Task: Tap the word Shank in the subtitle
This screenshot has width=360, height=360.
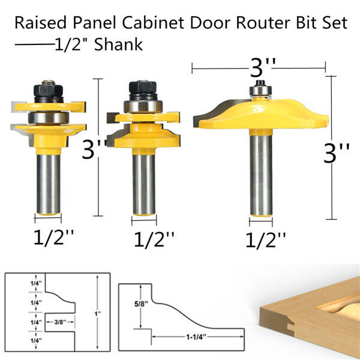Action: click(x=118, y=44)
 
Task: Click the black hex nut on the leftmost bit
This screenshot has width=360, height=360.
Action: click(x=48, y=91)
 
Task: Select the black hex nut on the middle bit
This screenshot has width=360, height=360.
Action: click(x=143, y=87)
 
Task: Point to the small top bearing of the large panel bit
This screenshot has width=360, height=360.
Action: click(x=260, y=90)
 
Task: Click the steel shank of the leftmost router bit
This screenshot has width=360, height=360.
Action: click(x=49, y=184)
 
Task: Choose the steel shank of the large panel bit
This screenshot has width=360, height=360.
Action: click(x=261, y=175)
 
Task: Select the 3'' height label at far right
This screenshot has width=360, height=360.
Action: click(x=337, y=152)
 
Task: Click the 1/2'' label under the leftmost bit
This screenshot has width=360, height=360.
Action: click(x=54, y=237)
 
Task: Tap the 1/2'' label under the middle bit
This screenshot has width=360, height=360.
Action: click(x=154, y=239)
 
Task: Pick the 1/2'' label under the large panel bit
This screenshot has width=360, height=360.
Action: click(x=266, y=240)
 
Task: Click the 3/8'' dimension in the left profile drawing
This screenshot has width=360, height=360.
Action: click(x=60, y=322)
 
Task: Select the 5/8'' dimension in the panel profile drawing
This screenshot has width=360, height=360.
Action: click(x=141, y=304)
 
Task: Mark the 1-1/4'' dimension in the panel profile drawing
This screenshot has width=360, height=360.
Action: click(x=196, y=337)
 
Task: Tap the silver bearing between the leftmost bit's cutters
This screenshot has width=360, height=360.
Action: click(x=49, y=118)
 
